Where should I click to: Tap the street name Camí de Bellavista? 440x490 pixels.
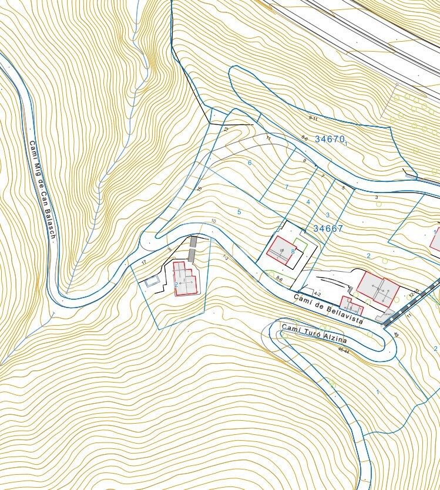tap(329, 309)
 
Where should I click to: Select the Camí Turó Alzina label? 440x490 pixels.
tap(314, 333)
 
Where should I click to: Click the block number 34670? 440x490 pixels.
tap(330, 139)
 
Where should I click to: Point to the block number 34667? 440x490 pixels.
tap(328, 229)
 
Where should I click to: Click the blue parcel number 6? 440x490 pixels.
tap(250, 163)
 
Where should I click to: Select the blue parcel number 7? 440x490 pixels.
tap(287, 187)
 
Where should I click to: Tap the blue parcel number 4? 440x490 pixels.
tap(308, 202)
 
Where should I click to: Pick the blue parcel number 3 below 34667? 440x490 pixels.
tap(328, 215)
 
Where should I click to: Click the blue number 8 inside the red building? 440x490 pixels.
tap(293, 252)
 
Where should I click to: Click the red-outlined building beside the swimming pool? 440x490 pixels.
tap(184, 279)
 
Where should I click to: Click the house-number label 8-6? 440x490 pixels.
tap(279, 280)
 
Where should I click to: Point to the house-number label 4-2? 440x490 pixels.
tap(317, 293)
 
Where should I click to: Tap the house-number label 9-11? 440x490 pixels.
tap(313, 119)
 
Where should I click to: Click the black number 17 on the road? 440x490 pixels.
tap(143, 263)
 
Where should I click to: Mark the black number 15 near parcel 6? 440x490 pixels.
tap(199, 189)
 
